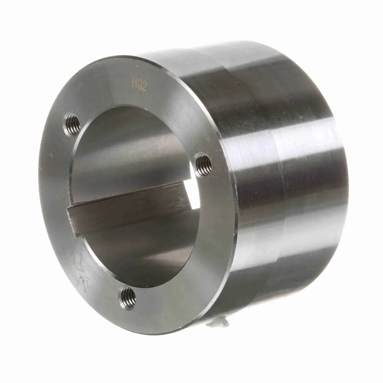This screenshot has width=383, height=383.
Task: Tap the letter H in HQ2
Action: click(134, 83)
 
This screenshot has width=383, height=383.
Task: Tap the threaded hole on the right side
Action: click(204, 164)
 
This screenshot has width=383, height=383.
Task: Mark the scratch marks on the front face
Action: click(82, 273)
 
